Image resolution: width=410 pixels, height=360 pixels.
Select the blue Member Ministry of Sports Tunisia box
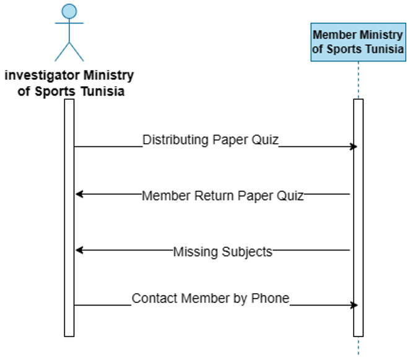click(358, 42)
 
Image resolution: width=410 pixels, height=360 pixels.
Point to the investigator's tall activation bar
click(69, 217)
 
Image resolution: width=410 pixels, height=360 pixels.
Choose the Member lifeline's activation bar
click(358, 217)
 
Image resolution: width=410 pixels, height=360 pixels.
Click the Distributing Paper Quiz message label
click(211, 140)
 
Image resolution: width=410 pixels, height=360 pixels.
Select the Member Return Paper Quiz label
click(222, 196)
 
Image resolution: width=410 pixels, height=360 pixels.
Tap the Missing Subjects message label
click(222, 252)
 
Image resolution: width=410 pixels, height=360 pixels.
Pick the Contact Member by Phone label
click(211, 298)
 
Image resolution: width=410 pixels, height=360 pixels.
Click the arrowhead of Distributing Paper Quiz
click(354, 147)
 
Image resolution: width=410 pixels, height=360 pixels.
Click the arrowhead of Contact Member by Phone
click(354, 305)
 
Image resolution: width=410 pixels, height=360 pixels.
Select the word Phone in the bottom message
click(270, 298)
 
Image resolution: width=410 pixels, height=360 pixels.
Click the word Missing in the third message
click(193, 252)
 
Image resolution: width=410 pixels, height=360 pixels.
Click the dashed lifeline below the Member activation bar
click(358, 347)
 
